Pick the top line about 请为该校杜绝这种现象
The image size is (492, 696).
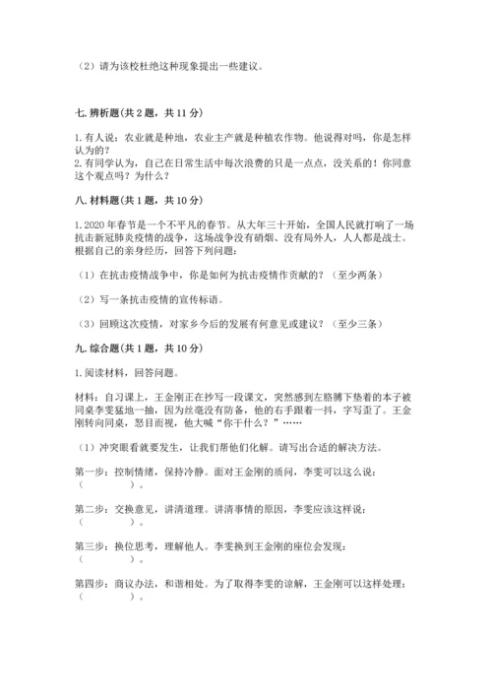[167, 67]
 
